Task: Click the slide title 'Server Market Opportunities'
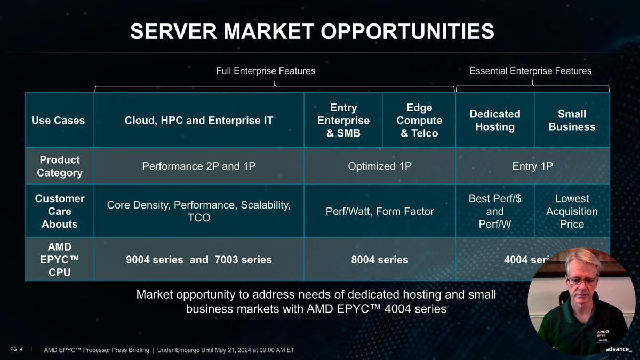(x=312, y=31)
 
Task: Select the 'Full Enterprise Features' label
(x=266, y=71)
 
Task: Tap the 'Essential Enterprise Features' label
(x=531, y=71)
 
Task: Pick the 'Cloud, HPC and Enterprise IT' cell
(x=199, y=121)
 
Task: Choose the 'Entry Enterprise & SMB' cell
(x=343, y=121)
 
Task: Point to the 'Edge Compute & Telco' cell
(x=419, y=121)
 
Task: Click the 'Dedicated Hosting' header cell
(x=495, y=121)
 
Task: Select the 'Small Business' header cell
(x=572, y=121)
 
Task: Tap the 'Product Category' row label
(x=60, y=166)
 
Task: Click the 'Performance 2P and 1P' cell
(x=199, y=166)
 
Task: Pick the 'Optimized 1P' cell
(x=380, y=166)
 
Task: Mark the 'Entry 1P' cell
(x=533, y=166)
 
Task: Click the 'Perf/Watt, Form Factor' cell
(x=380, y=211)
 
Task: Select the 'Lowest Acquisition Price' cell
(x=572, y=211)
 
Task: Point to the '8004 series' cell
(x=380, y=260)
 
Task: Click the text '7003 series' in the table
(x=243, y=260)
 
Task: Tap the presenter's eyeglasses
(x=582, y=281)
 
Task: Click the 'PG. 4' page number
(x=17, y=349)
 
